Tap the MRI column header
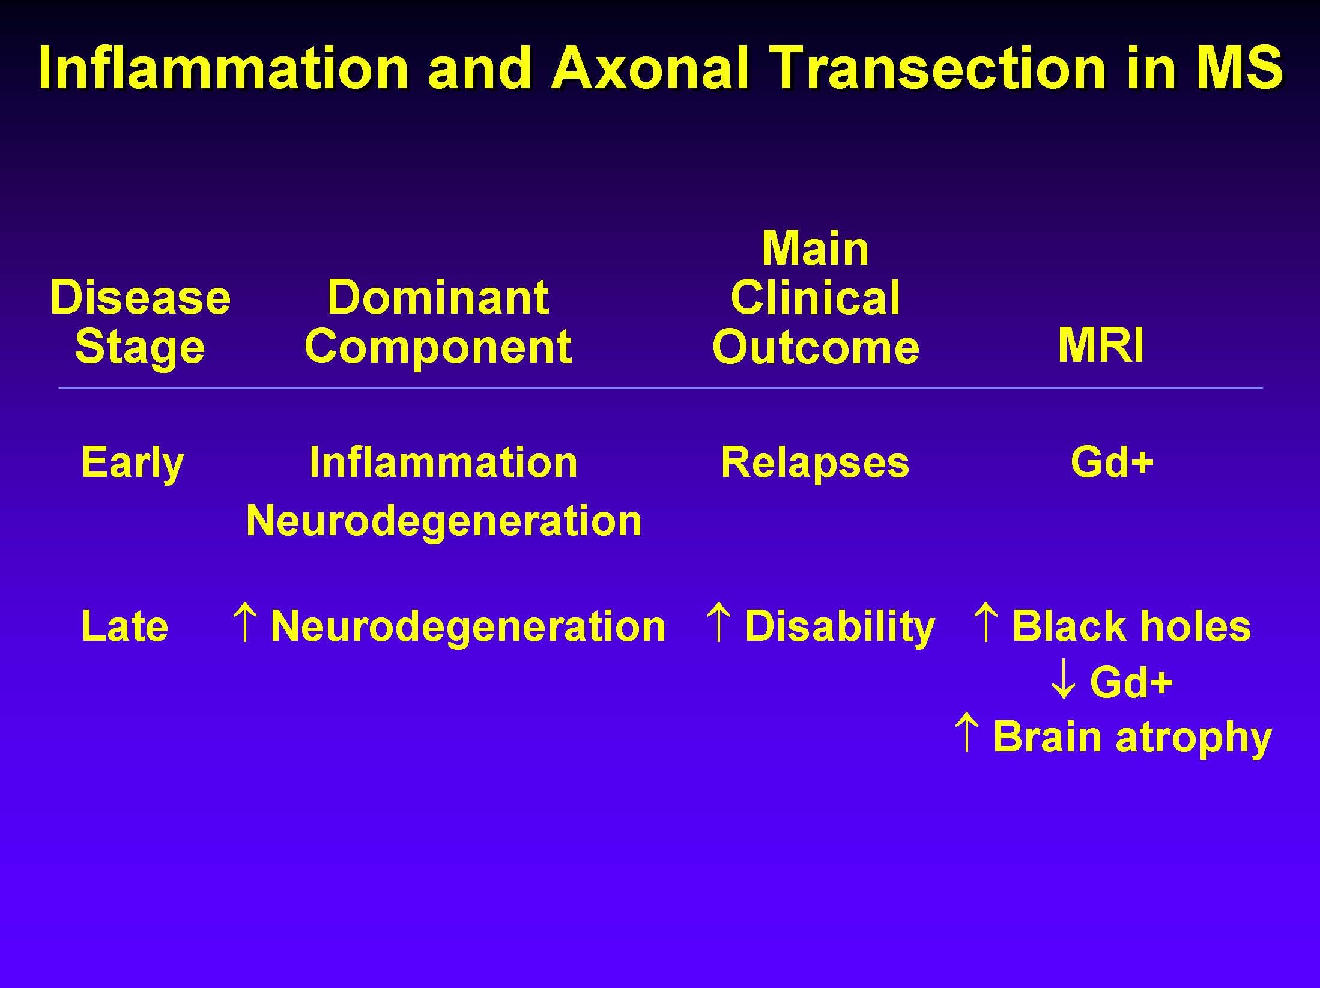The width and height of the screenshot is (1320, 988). [1101, 345]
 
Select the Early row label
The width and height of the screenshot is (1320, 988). [132, 464]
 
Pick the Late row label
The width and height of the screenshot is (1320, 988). [124, 626]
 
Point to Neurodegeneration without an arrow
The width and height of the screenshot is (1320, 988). [444, 521]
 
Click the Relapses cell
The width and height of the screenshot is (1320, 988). [815, 464]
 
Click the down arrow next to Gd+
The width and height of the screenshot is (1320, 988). [1063, 679]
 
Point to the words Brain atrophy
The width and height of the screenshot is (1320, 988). [1132, 738]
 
